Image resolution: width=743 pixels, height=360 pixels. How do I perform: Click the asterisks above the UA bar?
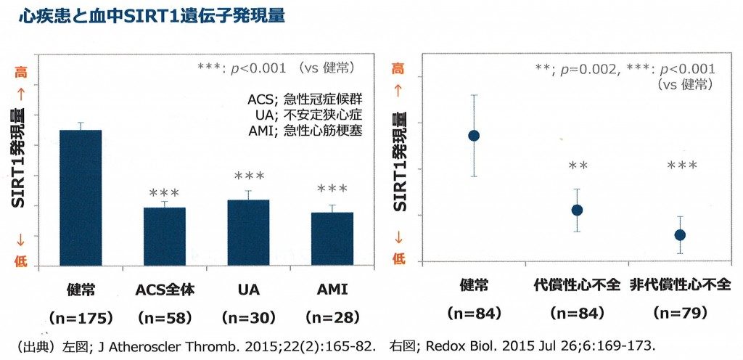click(x=248, y=176)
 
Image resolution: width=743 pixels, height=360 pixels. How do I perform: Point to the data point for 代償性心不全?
click(x=577, y=210)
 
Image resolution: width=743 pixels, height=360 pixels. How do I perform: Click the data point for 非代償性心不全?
click(x=680, y=234)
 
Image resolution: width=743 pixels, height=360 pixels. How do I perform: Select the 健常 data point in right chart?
click(x=474, y=136)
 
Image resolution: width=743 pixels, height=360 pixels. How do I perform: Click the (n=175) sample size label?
click(x=80, y=317)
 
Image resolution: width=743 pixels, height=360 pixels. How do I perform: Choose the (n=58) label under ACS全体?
click(x=164, y=317)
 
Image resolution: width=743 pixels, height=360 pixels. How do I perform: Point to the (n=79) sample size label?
click(x=680, y=314)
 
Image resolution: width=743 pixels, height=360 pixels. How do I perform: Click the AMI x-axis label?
click(x=332, y=290)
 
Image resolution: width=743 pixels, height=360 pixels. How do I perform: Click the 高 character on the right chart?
click(x=398, y=69)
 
